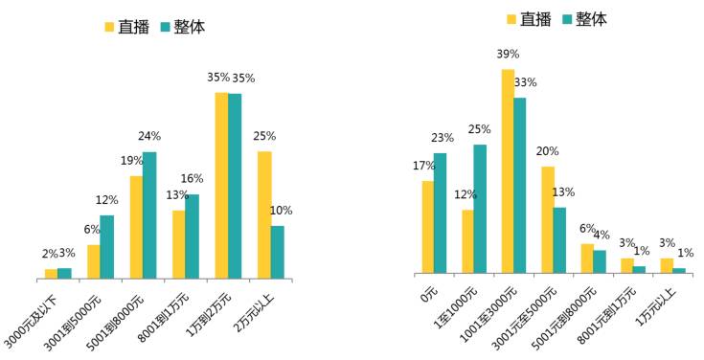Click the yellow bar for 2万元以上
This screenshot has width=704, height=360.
coord(264,215)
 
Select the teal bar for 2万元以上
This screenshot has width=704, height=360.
coord(278,253)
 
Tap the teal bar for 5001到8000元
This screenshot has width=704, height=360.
coord(149,215)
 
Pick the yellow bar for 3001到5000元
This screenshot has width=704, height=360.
coord(94,262)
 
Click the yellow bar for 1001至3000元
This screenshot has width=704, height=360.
coord(508,172)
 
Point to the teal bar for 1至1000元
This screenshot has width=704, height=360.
coord(481,210)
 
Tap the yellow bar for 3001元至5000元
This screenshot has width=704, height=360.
coord(548,221)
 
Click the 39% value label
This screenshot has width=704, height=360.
coord(508,55)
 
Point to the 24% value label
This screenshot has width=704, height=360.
coord(149,136)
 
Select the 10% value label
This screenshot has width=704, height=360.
coord(281,211)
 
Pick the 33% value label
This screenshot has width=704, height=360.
coord(525,82)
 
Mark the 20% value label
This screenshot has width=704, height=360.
coord(548,151)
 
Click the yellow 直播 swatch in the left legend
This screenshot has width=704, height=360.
coord(109,27)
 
